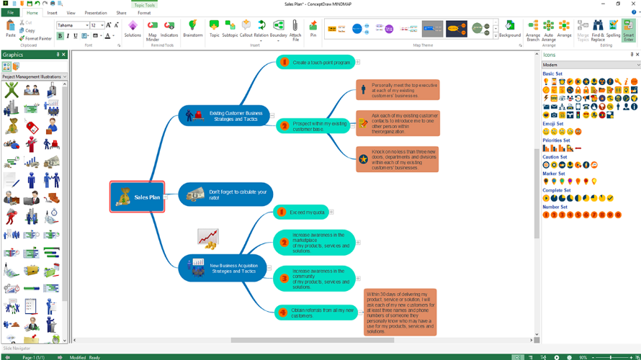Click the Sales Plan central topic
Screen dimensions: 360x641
click(138, 197)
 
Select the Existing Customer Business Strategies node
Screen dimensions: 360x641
click(225, 115)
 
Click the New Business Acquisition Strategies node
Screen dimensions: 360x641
click(225, 268)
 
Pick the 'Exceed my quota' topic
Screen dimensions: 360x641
click(302, 212)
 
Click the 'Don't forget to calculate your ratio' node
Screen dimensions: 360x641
click(225, 194)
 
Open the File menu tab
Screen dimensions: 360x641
click(10, 13)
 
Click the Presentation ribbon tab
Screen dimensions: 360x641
click(96, 13)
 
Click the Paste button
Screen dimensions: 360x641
click(10, 30)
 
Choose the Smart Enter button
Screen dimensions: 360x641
click(629, 30)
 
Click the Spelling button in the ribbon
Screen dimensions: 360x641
click(613, 30)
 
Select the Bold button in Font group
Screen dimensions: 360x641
click(60, 36)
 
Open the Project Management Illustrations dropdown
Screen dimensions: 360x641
click(34, 77)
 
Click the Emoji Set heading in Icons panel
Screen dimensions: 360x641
click(552, 124)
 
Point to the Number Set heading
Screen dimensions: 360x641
click(555, 207)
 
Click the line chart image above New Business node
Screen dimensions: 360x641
click(208, 238)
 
